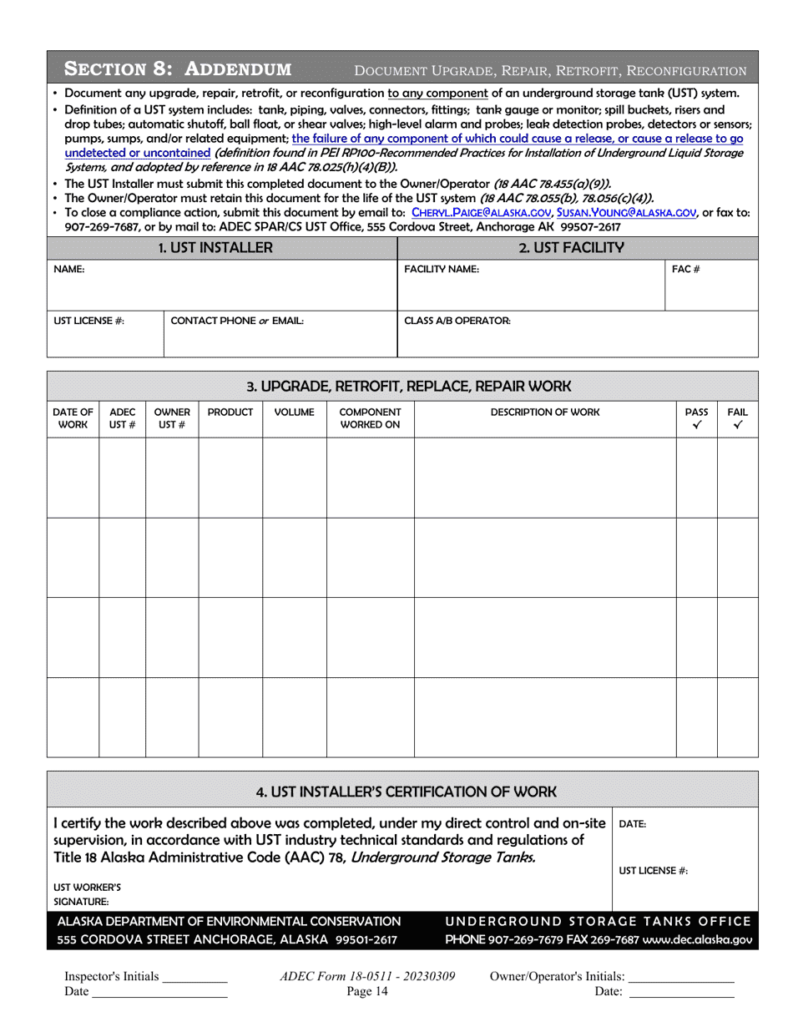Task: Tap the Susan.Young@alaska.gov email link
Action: click(627, 213)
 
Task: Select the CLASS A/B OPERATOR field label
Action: click(457, 321)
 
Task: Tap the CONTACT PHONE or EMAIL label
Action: click(236, 321)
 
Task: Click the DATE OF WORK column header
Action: click(73, 419)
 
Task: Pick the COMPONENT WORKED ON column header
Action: click(370, 419)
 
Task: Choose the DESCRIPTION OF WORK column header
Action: click(544, 412)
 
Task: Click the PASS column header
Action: click(696, 419)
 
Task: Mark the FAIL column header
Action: click(737, 419)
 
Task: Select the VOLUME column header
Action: click(294, 412)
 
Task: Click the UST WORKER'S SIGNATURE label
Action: click(76, 894)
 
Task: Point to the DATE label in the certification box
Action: click(632, 823)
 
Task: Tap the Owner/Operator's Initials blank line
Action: click(680, 979)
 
